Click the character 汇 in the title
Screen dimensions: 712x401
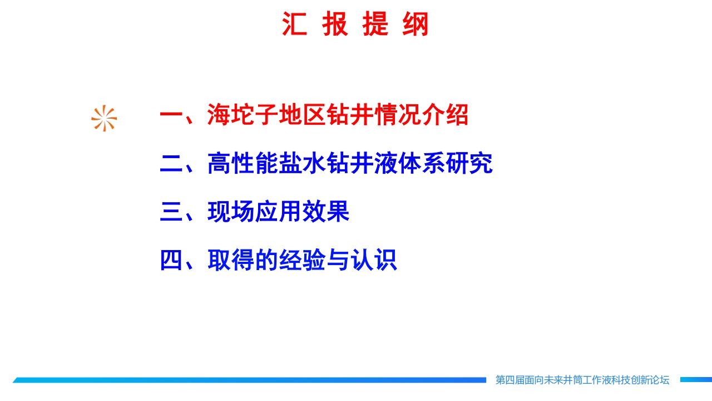click(295, 24)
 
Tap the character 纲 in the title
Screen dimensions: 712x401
click(415, 24)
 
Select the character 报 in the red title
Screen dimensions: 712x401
click(335, 24)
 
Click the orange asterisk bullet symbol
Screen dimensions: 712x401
click(104, 119)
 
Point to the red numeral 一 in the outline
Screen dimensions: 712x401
click(172, 115)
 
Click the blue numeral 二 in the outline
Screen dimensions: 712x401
click(172, 163)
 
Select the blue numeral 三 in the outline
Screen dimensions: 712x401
click(172, 211)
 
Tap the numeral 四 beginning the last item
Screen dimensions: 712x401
click(172, 260)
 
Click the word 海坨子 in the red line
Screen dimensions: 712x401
click(243, 115)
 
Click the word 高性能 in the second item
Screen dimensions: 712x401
click(243, 163)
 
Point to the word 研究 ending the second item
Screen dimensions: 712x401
click(469, 163)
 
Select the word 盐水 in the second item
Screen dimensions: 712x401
click(302, 163)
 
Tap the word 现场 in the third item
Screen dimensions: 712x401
click(231, 211)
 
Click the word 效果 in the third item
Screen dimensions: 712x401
click(326, 211)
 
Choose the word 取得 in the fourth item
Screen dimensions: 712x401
click(231, 260)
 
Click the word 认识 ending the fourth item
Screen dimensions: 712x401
click(373, 260)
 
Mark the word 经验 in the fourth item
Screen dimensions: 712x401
click(302, 260)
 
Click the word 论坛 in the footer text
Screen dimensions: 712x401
click(660, 380)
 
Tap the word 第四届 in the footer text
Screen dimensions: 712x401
click(510, 380)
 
